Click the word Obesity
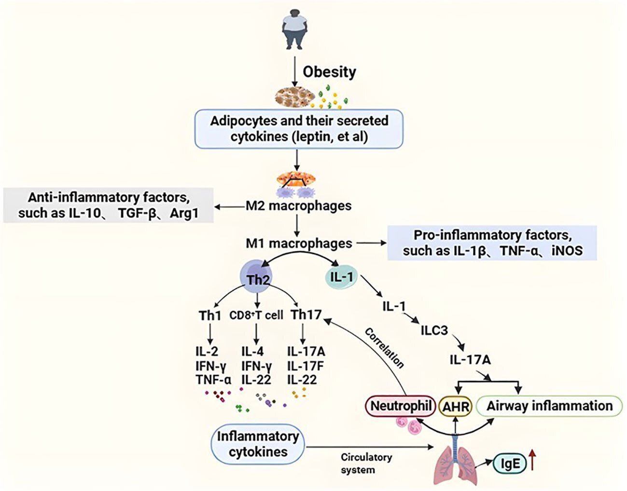pyautogui.click(x=329, y=72)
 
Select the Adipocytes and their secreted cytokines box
pyautogui.click(x=299, y=129)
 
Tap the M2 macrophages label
pyautogui.click(x=299, y=206)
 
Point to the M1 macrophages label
pyautogui.click(x=299, y=244)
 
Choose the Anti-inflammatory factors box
pyautogui.click(x=108, y=205)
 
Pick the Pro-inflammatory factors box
pyautogui.click(x=492, y=243)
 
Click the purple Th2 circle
pyautogui.click(x=256, y=277)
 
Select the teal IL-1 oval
pyautogui.click(x=341, y=277)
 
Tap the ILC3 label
pyautogui.click(x=434, y=331)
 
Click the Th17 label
pyautogui.click(x=306, y=315)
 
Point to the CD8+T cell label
pyautogui.click(x=256, y=315)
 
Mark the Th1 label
pyautogui.click(x=210, y=315)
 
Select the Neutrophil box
pyautogui.click(x=400, y=406)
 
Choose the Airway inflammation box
pyautogui.click(x=549, y=406)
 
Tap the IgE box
pyautogui.click(x=510, y=464)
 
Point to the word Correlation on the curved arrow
pyautogui.click(x=384, y=348)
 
